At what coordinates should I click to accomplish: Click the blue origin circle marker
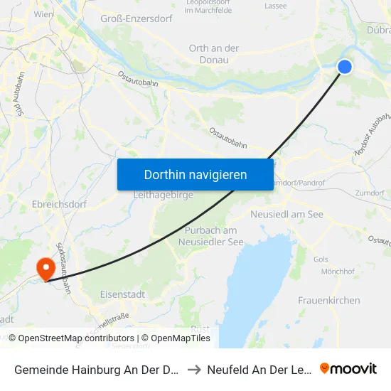pos(344,67)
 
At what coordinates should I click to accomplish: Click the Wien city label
pos(43,14)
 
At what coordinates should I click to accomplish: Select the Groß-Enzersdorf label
pos(136,18)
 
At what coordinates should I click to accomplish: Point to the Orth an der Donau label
pos(213,53)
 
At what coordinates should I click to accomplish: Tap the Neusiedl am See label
pos(286,214)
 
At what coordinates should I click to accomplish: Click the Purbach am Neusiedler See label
pos(210,235)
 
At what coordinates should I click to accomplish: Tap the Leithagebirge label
pos(163,194)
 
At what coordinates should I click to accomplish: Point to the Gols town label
pos(321,259)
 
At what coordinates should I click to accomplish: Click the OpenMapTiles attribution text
pos(178,338)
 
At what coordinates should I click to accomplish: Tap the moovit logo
pos(348,368)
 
